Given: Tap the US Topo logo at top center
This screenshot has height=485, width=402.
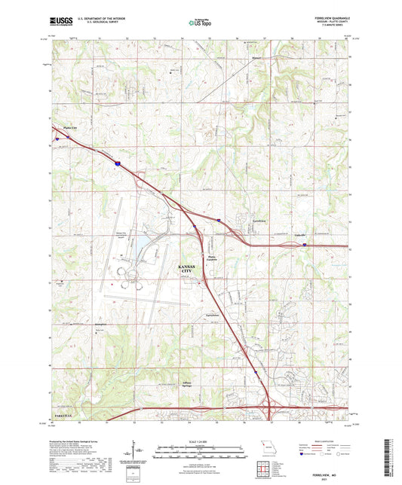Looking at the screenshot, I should pyautogui.click(x=199, y=23).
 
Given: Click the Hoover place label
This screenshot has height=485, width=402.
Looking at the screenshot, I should pyautogui.click(x=256, y=56).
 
